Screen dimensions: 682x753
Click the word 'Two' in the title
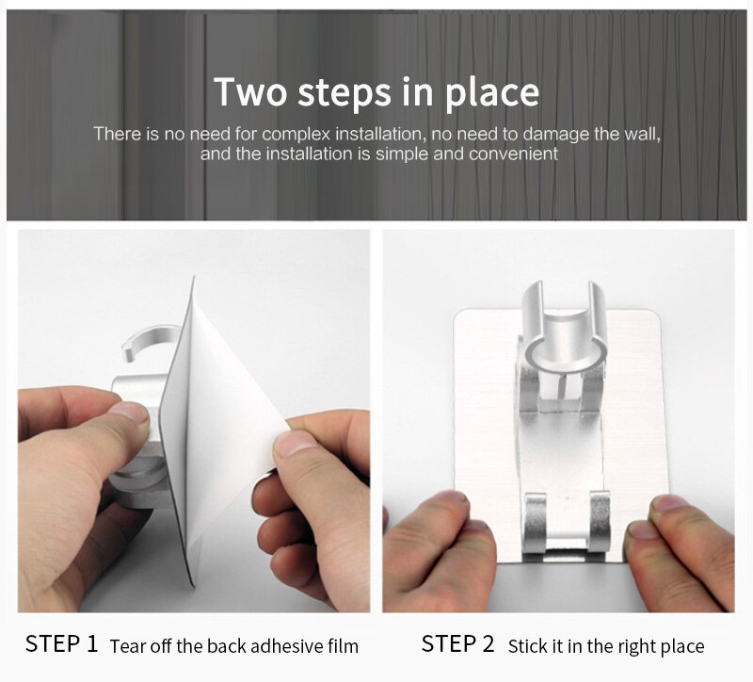tap(250, 92)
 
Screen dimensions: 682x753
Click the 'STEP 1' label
tap(61, 644)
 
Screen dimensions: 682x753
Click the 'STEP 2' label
tap(457, 644)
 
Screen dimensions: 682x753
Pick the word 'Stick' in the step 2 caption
tap(528, 646)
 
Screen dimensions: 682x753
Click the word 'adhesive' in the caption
tap(280, 646)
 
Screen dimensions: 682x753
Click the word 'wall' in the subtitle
tap(642, 134)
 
